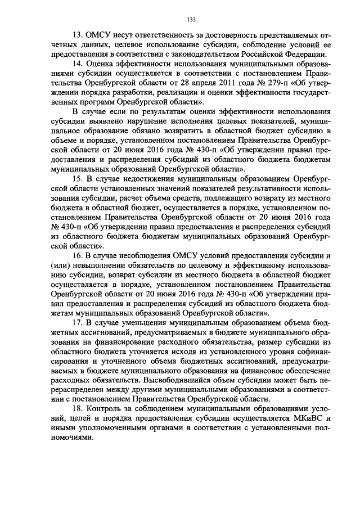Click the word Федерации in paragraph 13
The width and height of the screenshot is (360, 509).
[x=305, y=54]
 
